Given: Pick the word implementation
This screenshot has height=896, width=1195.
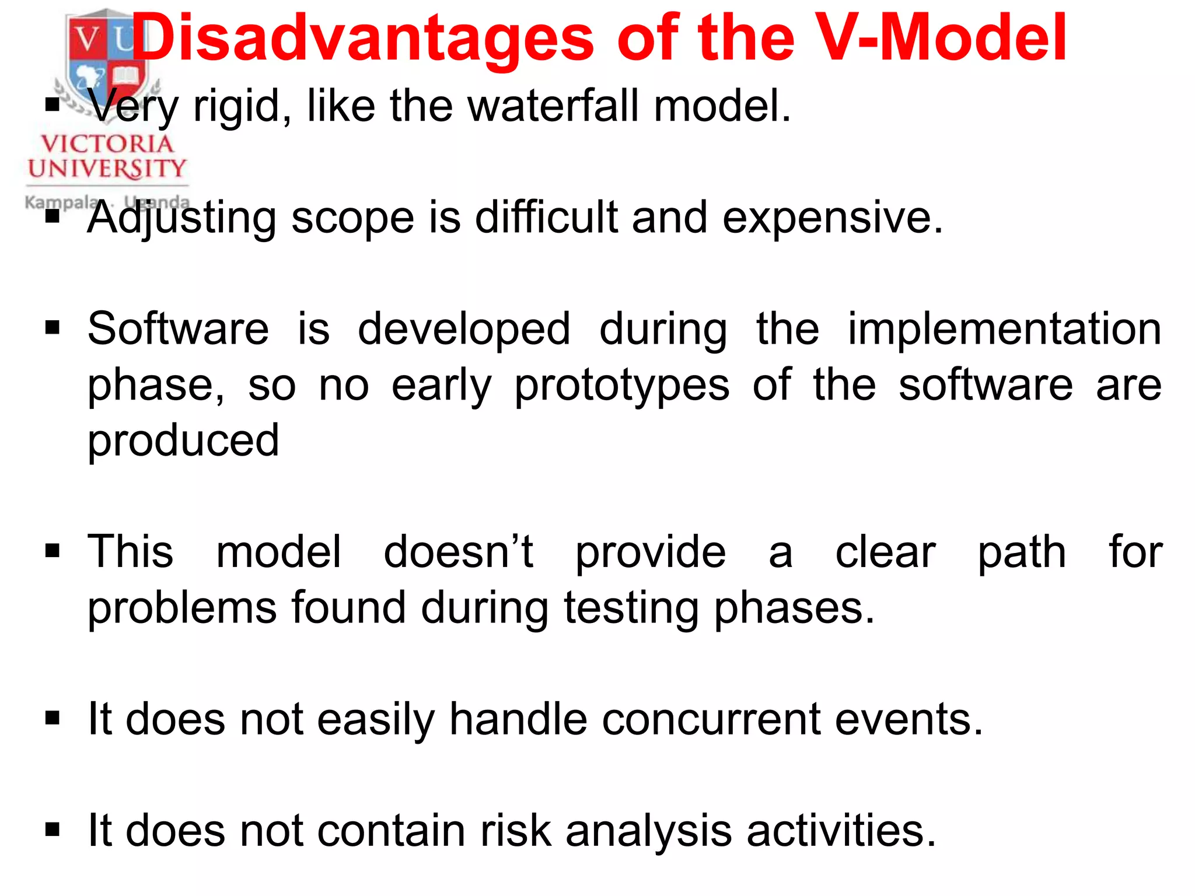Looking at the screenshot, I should (x=1004, y=328).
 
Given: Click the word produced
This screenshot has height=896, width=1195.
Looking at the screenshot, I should (x=183, y=441).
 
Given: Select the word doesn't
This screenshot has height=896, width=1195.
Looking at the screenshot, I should (x=458, y=551).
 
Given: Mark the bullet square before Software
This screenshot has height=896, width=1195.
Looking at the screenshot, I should (x=53, y=328).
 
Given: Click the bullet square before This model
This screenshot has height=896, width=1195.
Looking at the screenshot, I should (x=53, y=551).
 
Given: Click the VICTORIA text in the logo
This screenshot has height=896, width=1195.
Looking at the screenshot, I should (x=107, y=144).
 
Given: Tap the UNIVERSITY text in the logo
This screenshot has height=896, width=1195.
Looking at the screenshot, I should (x=107, y=169).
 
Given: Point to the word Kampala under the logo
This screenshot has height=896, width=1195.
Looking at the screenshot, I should (x=61, y=202).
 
